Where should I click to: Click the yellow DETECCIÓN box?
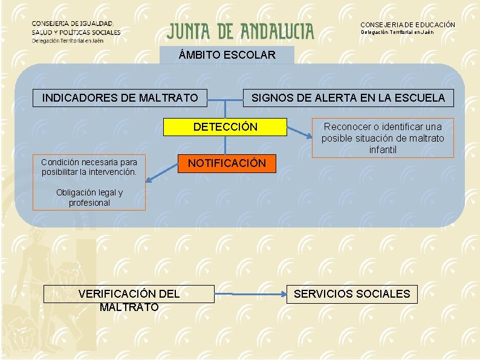tap(225, 127)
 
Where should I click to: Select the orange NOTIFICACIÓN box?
tap(226, 163)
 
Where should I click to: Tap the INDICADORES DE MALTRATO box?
tap(120, 97)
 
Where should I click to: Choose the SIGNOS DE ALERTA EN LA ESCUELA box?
tap(348, 97)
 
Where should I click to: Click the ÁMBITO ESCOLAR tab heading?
tap(227, 55)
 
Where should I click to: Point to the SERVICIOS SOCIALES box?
tap(351, 295)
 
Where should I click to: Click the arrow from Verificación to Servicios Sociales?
tap(250, 295)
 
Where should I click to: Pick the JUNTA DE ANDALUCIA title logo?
tap(241, 31)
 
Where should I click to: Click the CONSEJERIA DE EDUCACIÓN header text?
tap(407, 25)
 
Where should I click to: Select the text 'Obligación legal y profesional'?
tap(89, 198)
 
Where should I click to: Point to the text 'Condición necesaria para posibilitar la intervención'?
tap(89, 167)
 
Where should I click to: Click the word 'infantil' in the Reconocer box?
tap(383, 150)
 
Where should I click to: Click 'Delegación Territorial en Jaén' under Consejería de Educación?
tap(397, 32)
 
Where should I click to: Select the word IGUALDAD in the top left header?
tap(99, 23)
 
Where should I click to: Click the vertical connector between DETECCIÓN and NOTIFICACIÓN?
tap(225, 145)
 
